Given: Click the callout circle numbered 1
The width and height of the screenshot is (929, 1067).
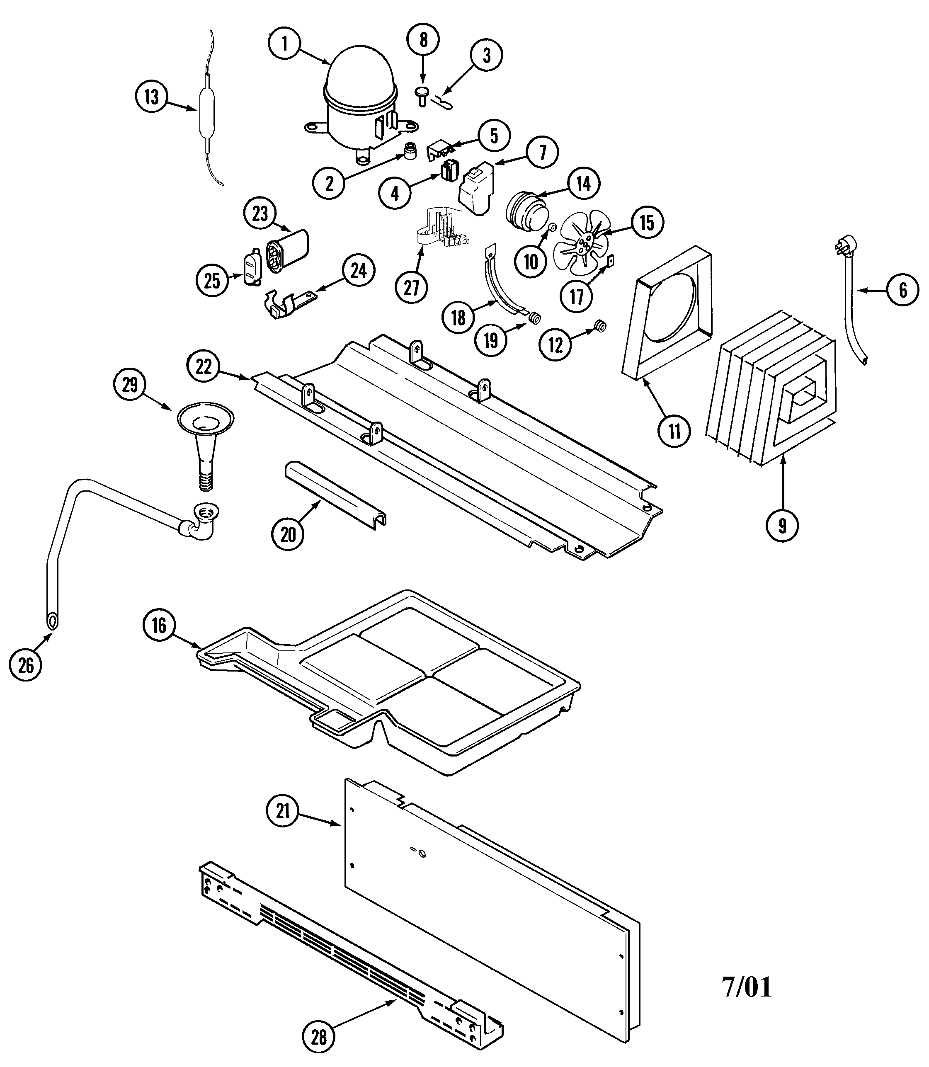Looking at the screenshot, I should tap(285, 43).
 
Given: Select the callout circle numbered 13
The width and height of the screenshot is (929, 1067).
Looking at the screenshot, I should tap(151, 97).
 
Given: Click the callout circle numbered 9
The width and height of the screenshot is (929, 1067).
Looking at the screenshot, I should tap(782, 526).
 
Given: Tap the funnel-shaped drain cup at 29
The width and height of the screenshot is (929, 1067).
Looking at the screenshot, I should tap(205, 419).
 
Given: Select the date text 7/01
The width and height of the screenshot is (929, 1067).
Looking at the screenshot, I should tap(747, 988).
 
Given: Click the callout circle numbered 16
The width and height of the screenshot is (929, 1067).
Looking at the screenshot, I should tap(159, 626).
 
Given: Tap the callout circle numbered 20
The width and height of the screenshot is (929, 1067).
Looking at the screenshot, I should tap(288, 535).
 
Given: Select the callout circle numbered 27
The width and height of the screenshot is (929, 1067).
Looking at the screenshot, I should tap(411, 288).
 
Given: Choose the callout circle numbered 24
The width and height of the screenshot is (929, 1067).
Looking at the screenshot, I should tap(358, 271).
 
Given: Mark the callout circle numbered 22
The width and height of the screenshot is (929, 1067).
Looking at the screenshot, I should tap(204, 366).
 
